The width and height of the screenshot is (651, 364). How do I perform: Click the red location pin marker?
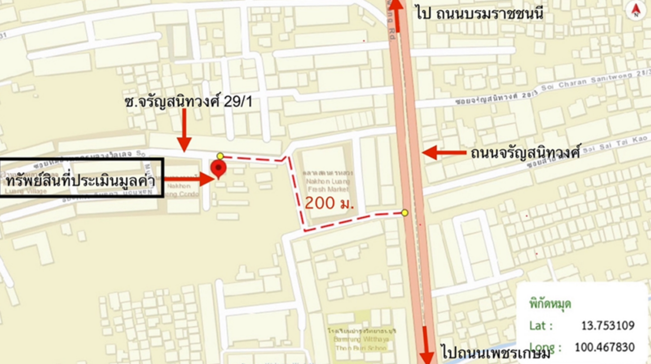point(218,168)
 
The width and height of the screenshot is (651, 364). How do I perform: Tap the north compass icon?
point(636,10)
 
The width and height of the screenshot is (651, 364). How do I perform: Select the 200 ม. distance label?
point(329,203)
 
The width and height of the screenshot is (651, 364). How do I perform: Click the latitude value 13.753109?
point(607,325)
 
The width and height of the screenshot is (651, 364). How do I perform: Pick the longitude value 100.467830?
point(604,347)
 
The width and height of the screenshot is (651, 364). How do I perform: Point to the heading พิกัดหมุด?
point(550,304)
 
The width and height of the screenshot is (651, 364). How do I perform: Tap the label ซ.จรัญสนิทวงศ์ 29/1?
point(189,102)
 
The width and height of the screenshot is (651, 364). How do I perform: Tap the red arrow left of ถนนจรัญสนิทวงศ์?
point(444,153)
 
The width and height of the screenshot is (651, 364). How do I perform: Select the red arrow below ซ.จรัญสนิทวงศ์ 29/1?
point(184,131)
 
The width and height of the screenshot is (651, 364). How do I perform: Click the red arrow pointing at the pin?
point(189,179)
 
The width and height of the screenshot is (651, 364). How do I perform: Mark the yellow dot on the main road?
point(405,213)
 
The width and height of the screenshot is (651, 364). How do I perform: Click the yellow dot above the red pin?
point(220,156)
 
